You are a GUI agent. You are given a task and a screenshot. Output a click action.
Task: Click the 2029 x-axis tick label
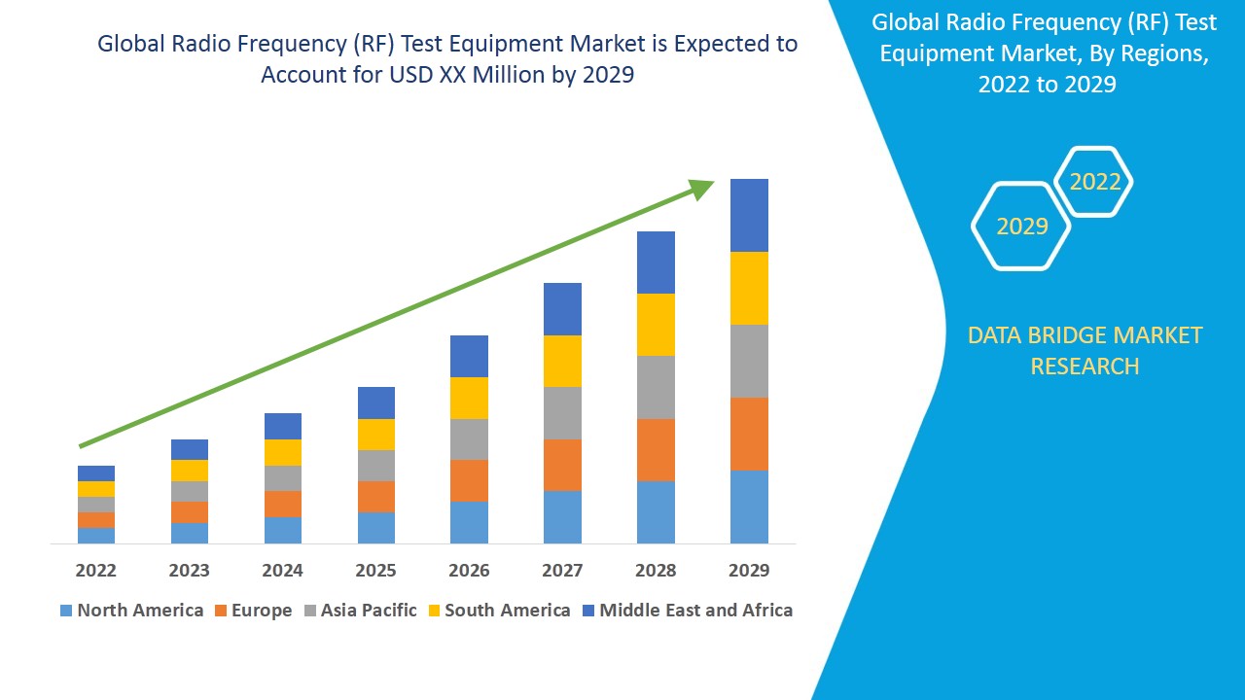point(749,571)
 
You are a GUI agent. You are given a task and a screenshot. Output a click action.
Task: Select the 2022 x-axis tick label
point(95,571)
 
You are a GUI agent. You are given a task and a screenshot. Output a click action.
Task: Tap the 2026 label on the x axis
point(469,571)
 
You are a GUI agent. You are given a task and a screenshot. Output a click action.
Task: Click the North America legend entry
point(131,611)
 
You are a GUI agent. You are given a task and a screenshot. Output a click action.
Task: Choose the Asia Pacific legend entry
point(360,611)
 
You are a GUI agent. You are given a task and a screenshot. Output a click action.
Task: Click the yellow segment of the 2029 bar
point(749,288)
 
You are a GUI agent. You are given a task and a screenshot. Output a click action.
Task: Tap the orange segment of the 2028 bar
point(656,450)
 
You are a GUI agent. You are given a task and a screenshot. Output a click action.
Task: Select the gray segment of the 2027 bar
point(562,413)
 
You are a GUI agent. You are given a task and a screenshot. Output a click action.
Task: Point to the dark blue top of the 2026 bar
point(469,356)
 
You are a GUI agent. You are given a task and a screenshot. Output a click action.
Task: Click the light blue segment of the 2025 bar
point(376,527)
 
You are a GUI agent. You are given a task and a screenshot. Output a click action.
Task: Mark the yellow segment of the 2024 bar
point(283,452)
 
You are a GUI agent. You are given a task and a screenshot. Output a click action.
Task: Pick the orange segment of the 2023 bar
point(190,512)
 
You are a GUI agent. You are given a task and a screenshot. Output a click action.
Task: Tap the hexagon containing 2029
point(1021,226)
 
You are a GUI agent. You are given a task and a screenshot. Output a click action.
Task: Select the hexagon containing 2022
point(1094,182)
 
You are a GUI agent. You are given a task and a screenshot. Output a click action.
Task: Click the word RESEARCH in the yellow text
point(1085,367)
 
